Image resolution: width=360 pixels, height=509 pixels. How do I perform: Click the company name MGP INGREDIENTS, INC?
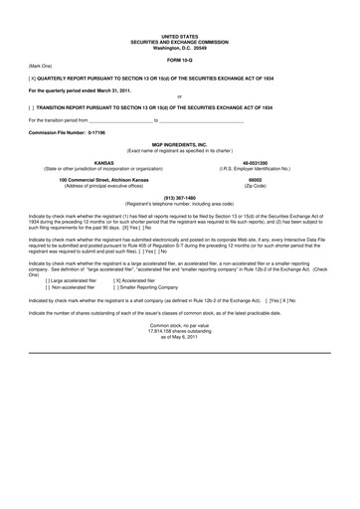[179, 144]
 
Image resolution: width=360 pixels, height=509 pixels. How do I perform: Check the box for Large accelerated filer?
[35, 280]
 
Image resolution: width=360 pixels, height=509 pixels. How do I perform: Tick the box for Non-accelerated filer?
[35, 287]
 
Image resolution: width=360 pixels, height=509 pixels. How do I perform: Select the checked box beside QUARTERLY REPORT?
[35, 76]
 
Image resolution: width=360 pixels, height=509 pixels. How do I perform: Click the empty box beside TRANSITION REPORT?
[35, 104]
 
